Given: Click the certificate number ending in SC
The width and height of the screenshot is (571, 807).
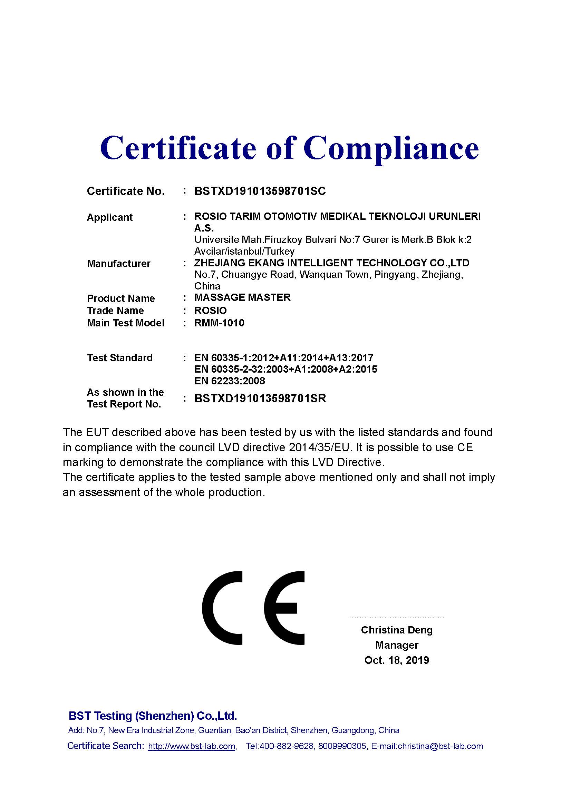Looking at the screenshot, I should pyautogui.click(x=260, y=191).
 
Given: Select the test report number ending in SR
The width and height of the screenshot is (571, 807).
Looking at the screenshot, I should pyautogui.click(x=260, y=398).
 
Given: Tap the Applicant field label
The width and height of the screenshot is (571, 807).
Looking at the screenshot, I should pyautogui.click(x=109, y=217).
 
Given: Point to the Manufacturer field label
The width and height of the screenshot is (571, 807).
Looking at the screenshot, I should pyautogui.click(x=118, y=263).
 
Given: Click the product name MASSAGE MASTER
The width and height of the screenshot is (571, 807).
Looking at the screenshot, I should pyautogui.click(x=242, y=297).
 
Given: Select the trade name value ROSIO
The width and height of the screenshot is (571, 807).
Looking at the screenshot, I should pyautogui.click(x=210, y=311).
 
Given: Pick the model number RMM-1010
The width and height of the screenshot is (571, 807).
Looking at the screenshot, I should pyautogui.click(x=219, y=323).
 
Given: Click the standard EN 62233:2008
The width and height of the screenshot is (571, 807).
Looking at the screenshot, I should pyautogui.click(x=230, y=381).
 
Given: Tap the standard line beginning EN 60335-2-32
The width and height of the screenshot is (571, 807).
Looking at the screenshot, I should pyautogui.click(x=285, y=369).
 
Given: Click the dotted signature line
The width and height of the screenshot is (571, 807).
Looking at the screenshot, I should pyautogui.click(x=397, y=617).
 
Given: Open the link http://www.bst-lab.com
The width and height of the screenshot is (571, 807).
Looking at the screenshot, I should pyautogui.click(x=192, y=746).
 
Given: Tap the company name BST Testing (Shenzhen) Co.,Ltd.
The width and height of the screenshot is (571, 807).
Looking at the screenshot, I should pyautogui.click(x=153, y=716).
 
